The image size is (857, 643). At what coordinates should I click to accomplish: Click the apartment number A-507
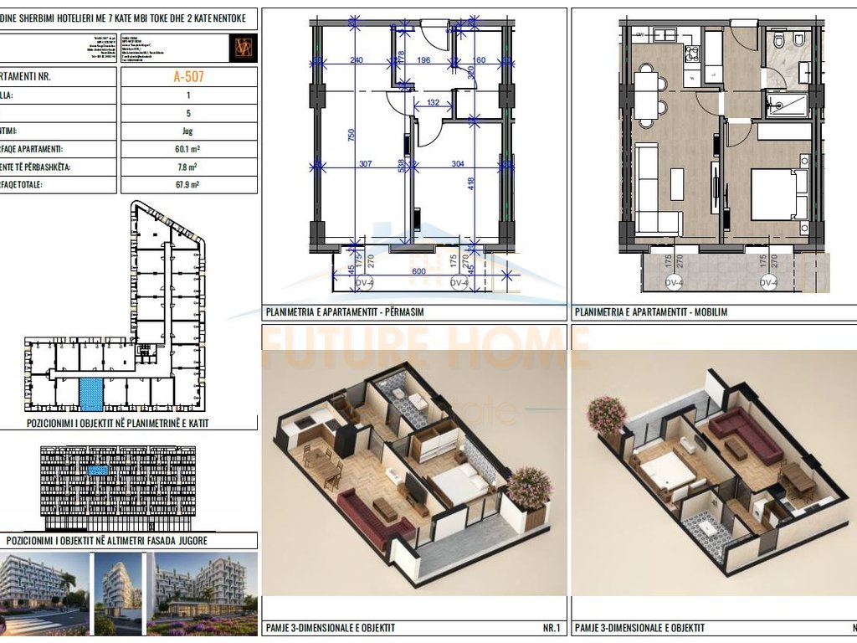pos(188,77)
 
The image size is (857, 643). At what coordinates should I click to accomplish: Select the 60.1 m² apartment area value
pos(188,149)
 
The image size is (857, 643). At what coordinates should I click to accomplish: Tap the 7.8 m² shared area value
pos(188,167)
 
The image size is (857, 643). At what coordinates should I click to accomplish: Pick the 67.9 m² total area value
pos(188,184)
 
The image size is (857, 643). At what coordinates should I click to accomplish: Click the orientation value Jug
pos(188,131)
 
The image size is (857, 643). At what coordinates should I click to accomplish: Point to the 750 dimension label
pos(352,136)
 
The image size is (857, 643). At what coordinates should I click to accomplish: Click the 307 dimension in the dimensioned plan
pos(365,164)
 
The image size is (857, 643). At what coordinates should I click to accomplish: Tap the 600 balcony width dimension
pos(418,271)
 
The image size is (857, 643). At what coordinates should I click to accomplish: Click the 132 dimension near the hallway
pos(433,103)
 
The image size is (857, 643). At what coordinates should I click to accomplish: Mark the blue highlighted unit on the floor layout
pos(90,390)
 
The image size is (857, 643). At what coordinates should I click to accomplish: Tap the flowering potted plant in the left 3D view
pos(529,487)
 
